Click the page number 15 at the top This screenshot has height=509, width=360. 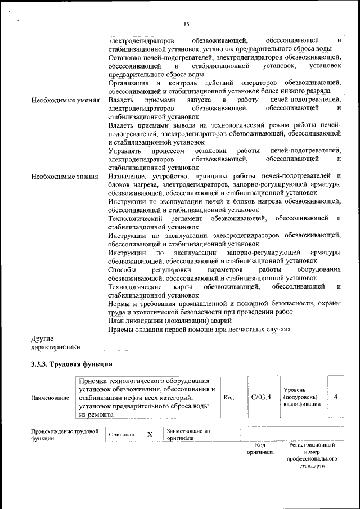coord(186,24)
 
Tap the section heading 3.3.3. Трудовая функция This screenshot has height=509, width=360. coord(71,364)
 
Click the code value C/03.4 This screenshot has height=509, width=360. coord(261,397)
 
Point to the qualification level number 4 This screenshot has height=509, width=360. coord(336,397)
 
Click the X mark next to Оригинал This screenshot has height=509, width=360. coord(150,435)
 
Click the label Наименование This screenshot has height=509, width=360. coord(50,398)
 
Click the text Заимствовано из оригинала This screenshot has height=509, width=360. coord(188,435)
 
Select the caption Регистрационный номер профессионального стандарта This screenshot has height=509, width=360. coord(312,456)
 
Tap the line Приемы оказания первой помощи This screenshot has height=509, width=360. coord(200,329)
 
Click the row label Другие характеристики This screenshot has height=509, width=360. coord(56,343)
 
